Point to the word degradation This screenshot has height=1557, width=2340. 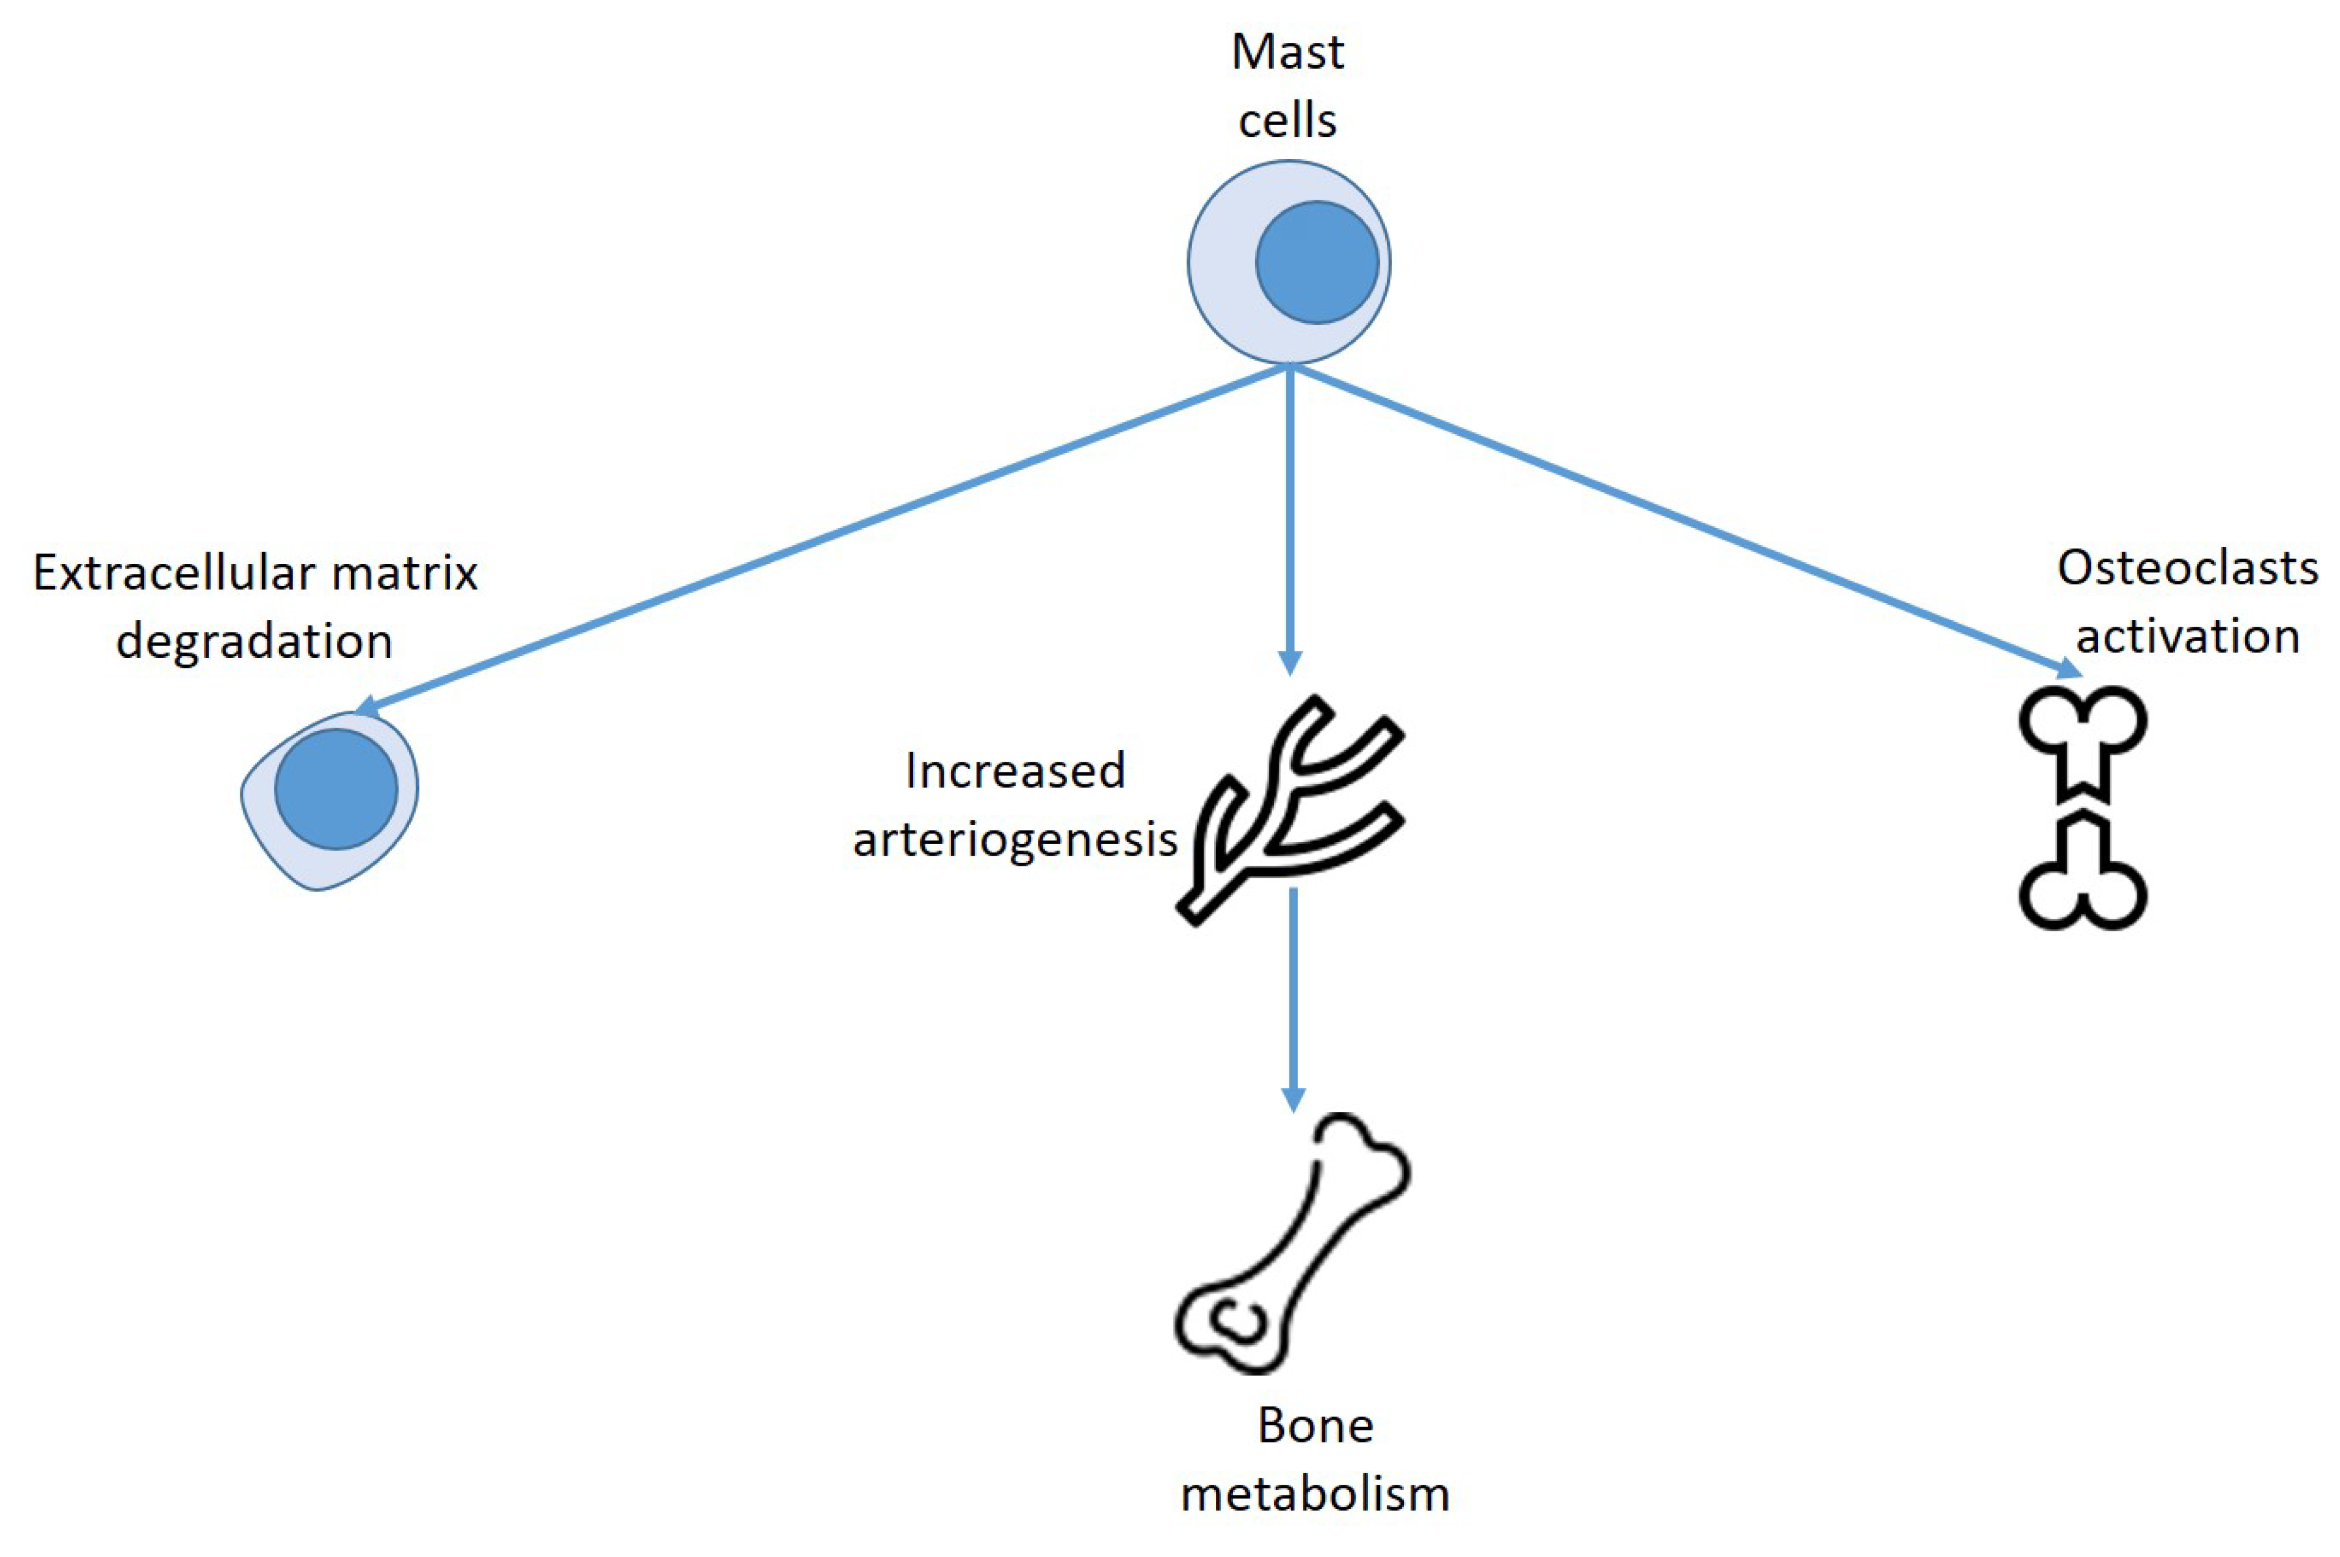pos(254,641)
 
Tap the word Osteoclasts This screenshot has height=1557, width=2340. pos(2187,569)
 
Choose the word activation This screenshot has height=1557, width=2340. pos(2187,637)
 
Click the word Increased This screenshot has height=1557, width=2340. pos(1015,772)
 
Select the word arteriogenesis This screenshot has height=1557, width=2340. pos(1015,840)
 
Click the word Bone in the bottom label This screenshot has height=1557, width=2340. pos(1315,1426)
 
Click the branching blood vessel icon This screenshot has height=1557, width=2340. pos(1291,809)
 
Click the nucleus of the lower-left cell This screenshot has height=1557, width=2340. pos(336,789)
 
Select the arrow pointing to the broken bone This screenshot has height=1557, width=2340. pos(1688,522)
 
